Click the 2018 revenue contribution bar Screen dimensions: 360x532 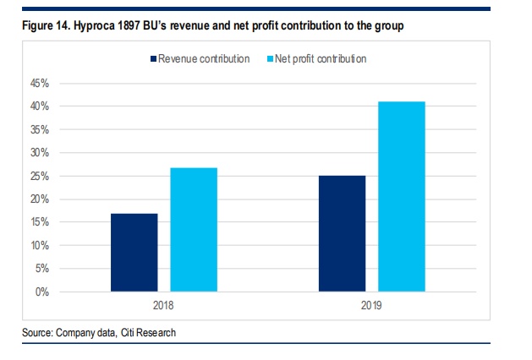pos(134,253)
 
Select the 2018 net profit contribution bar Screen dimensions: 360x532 pos(194,230)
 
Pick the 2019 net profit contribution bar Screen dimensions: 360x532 pos(401,196)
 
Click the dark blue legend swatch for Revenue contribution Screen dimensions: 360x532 pos(153,59)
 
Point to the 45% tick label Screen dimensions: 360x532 pos(40,84)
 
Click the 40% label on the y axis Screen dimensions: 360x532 pos(40,106)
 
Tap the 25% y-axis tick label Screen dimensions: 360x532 pos(40,176)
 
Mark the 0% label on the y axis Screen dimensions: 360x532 pos(42,292)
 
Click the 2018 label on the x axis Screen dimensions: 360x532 pos(164,304)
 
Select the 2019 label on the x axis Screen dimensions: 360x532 pos(371,304)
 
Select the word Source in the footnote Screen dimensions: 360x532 pos(38,334)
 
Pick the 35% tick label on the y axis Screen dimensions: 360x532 pos(40,130)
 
